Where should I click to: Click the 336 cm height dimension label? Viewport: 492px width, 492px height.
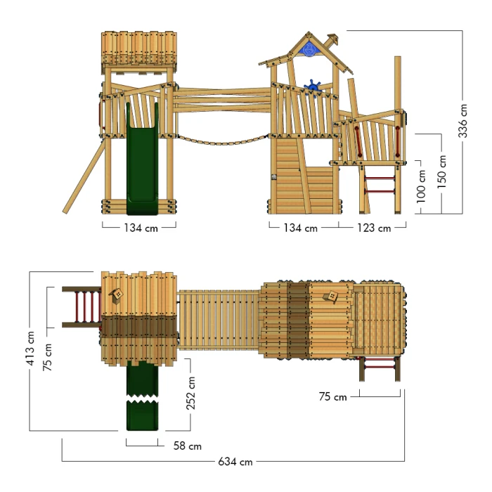pyautogui.click(x=462, y=121)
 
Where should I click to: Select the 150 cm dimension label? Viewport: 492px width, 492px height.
pyautogui.click(x=441, y=171)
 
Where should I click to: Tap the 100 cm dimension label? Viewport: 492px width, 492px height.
pyautogui.click(x=421, y=186)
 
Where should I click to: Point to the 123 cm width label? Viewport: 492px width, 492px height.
pyautogui.click(x=374, y=228)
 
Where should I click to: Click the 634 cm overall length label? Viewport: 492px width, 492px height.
pyautogui.click(x=235, y=462)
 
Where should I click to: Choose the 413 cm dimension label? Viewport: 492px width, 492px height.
pyautogui.click(x=30, y=349)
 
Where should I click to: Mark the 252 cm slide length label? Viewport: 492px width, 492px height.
pyautogui.click(x=190, y=393)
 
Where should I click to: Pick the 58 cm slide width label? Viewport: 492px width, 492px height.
pyautogui.click(x=188, y=446)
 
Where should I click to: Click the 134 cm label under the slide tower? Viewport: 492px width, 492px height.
pyautogui.click(x=141, y=228)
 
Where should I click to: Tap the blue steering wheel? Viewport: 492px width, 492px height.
pyautogui.click(x=313, y=86)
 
